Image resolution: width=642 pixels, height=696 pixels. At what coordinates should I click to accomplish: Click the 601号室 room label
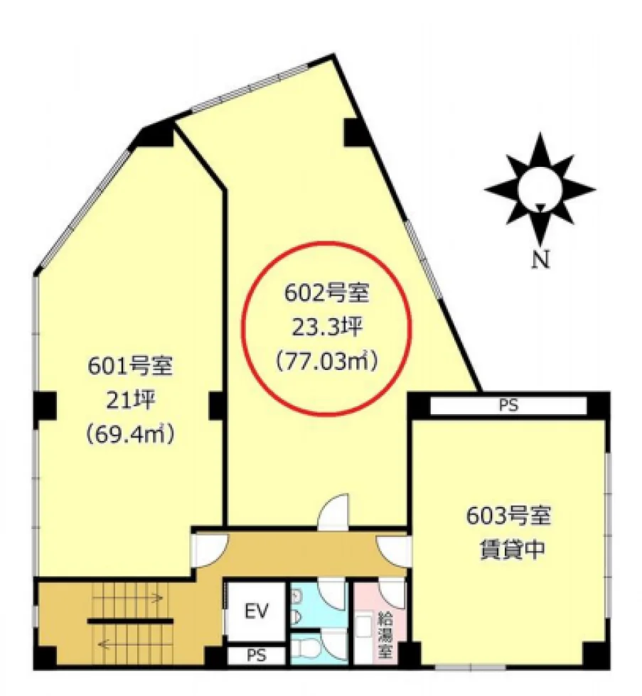pyautogui.click(x=129, y=366)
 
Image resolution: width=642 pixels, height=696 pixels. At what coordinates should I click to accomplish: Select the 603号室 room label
pyautogui.click(x=509, y=516)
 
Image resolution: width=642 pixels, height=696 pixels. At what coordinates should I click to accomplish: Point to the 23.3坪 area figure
pyautogui.click(x=328, y=327)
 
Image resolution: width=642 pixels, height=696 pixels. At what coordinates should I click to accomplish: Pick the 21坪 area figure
pyautogui.click(x=130, y=401)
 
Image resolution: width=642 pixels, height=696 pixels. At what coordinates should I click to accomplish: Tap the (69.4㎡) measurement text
pyautogui.click(x=129, y=435)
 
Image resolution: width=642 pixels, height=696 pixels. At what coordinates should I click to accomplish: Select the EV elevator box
pyautogui.click(x=257, y=611)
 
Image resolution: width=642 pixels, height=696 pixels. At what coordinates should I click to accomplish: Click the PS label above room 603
pyautogui.click(x=509, y=406)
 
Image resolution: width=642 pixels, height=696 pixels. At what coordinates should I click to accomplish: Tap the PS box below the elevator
pyautogui.click(x=257, y=655)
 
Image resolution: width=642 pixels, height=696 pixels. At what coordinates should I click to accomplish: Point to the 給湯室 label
pyautogui.click(x=385, y=636)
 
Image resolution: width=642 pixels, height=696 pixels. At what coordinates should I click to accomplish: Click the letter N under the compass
pyautogui.click(x=541, y=260)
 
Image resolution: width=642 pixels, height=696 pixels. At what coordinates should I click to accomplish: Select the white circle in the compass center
pyautogui.click(x=540, y=190)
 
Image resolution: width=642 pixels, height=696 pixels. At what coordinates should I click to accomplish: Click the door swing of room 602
pyautogui.click(x=335, y=511)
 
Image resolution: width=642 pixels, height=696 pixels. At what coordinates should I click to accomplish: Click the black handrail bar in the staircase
pyautogui.click(x=130, y=621)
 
